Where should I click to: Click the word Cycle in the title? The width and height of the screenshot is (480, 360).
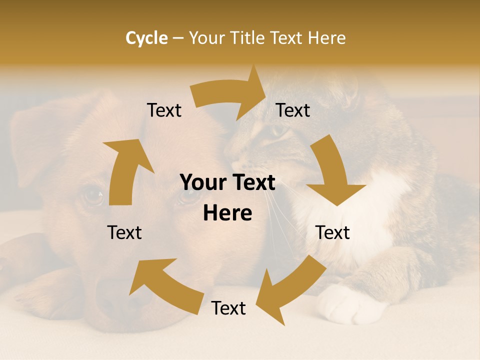(x=146, y=38)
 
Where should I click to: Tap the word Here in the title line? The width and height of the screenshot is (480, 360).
(x=327, y=38)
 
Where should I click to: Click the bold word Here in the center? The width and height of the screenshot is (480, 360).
(x=227, y=213)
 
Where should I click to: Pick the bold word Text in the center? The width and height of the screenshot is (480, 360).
(x=252, y=183)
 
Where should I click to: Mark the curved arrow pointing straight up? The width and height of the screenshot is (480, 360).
(x=125, y=170)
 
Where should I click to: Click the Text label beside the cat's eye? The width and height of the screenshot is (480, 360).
(x=293, y=110)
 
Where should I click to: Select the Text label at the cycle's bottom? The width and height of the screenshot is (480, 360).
(x=228, y=308)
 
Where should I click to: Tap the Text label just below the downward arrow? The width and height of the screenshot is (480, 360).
(x=332, y=232)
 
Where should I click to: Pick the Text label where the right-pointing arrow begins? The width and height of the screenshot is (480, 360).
(x=164, y=110)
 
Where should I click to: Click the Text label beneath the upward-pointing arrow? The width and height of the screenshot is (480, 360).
(x=124, y=232)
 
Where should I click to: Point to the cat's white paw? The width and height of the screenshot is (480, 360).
(x=345, y=304)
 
